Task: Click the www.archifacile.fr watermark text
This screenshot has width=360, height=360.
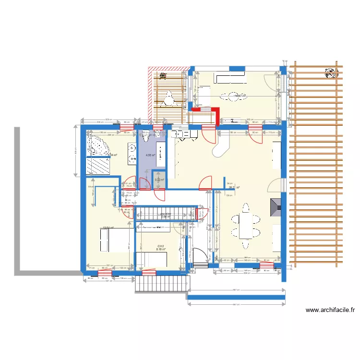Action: [330, 311]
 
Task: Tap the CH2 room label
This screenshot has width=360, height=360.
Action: [160, 246]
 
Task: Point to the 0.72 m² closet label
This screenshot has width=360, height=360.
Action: [159, 180]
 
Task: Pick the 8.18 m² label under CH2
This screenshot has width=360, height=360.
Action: [160, 250]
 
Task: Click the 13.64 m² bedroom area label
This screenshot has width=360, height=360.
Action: [108, 228]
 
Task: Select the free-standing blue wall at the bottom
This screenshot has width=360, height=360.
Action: [236, 297]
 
